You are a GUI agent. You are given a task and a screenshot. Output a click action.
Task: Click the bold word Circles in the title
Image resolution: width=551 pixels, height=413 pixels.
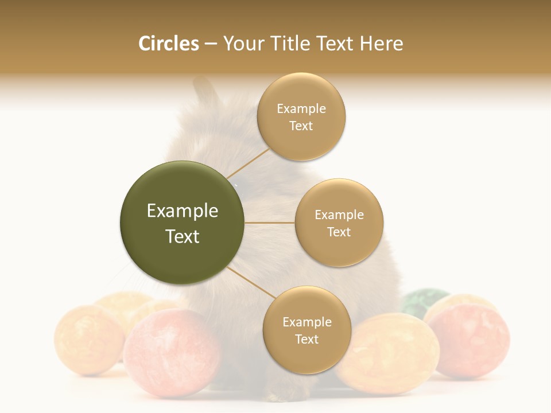(x=169, y=44)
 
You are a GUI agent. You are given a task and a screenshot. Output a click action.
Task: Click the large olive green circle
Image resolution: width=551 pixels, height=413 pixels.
(x=182, y=223)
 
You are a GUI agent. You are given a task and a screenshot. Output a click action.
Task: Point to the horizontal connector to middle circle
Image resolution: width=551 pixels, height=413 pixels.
(x=269, y=223)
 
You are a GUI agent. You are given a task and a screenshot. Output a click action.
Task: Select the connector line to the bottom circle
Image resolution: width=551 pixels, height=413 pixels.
(x=250, y=282)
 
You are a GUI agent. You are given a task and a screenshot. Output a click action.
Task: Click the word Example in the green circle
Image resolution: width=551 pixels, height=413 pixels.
(x=182, y=211)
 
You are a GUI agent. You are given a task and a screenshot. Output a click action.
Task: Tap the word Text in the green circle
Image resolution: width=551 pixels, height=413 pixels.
(x=182, y=236)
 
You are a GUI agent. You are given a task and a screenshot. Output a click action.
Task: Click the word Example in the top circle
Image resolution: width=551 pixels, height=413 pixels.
(x=301, y=108)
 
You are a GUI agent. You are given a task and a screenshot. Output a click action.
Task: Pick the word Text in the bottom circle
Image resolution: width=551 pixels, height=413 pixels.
(x=306, y=339)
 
